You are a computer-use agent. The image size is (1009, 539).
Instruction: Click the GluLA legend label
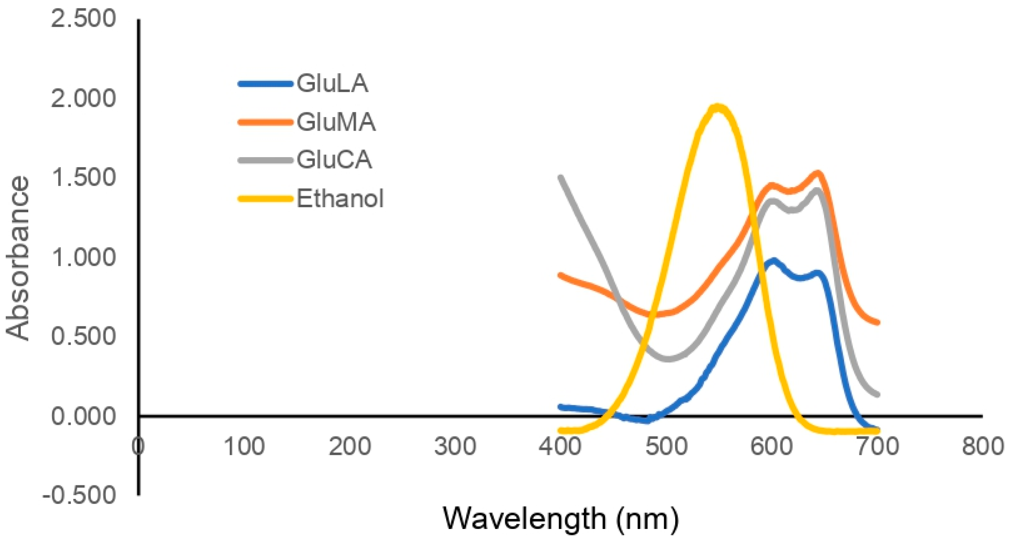(332, 83)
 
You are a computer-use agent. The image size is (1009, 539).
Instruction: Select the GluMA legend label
(336, 122)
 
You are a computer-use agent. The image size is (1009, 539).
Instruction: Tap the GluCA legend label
(334, 160)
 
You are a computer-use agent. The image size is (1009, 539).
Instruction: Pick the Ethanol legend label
(340, 198)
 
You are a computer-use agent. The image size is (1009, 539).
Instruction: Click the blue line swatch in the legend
(265, 83)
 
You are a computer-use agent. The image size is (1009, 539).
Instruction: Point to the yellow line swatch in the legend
(265, 199)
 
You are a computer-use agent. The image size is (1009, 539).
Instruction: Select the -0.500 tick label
(79, 495)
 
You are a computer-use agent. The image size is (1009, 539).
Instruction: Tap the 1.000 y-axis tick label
(83, 257)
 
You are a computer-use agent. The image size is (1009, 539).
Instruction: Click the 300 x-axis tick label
(455, 446)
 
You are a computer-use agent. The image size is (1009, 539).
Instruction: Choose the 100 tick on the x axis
(244, 446)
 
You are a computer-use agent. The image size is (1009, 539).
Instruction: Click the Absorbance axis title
(18, 258)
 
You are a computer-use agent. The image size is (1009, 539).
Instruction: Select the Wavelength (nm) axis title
(561, 518)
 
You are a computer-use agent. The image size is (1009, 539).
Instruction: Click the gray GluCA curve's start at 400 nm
(561, 178)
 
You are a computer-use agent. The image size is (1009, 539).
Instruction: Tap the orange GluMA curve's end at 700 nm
(877, 322)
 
